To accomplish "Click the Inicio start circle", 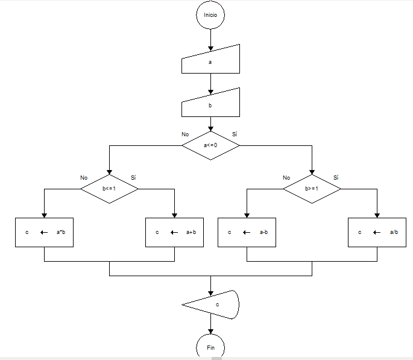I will pos(210,15).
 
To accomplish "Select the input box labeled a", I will pos(210,61).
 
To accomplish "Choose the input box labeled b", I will pos(210,104).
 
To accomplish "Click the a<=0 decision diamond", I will pos(210,145).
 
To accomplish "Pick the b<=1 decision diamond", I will pos(109,189).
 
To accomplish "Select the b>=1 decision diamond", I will pos(312,189).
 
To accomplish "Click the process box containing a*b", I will pos(44,232).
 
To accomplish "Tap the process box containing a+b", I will pos(175,232).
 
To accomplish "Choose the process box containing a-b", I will pos(247,232).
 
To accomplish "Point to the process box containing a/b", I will pos(377,232).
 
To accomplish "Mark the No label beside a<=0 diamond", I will pos(185,134).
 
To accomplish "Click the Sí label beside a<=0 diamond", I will pos(235,134).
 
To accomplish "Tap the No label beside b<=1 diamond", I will pos(84,178).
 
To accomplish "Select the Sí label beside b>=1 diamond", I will pos(336,177).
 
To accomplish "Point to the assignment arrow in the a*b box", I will pos(45,232).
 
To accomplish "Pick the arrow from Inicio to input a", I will pos(210,39).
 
